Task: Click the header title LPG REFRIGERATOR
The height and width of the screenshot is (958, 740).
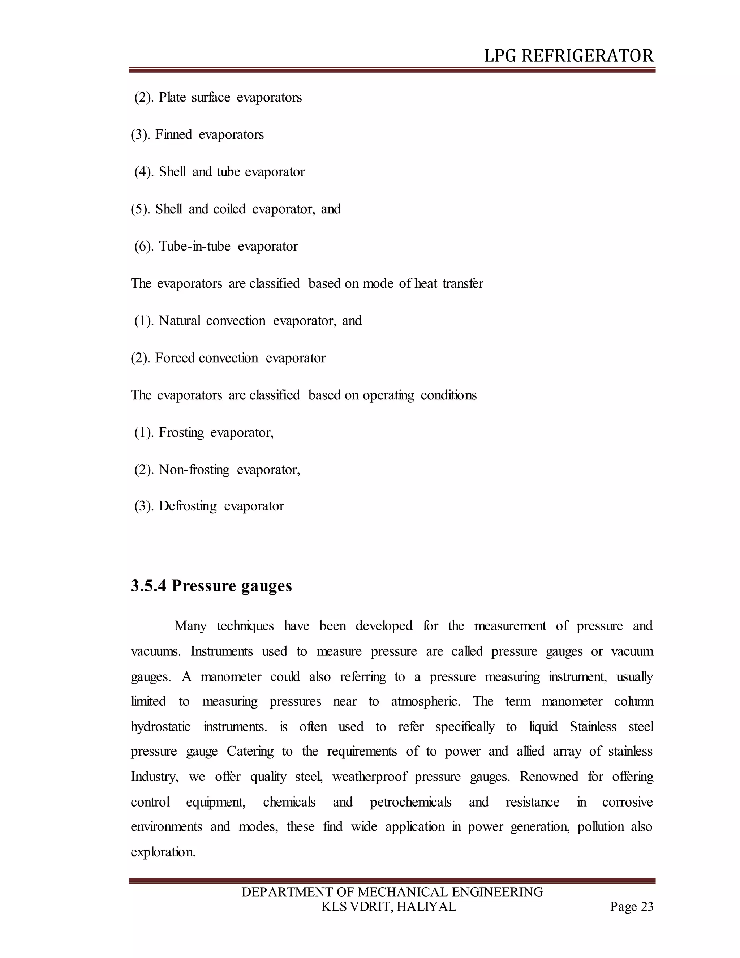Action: click(569, 56)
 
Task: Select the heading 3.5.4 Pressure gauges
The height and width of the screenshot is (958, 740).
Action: click(211, 586)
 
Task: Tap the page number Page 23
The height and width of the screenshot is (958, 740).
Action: click(631, 907)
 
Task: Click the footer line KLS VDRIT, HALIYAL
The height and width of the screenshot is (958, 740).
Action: click(389, 907)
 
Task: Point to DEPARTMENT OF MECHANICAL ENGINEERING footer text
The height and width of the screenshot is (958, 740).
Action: click(392, 892)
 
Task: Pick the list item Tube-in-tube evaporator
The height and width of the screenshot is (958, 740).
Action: click(228, 246)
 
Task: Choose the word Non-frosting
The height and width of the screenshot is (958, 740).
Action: click(194, 470)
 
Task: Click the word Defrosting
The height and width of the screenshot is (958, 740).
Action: click(188, 506)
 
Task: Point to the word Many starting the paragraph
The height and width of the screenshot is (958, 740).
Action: click(190, 626)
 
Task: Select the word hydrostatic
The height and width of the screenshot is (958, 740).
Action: click(160, 727)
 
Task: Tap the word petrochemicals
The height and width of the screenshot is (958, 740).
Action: click(410, 802)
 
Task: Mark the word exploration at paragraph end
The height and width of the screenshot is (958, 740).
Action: click(163, 852)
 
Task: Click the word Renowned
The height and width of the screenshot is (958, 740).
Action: click(549, 777)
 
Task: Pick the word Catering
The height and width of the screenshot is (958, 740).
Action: click(250, 752)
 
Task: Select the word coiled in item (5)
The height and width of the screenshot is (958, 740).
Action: click(229, 209)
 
